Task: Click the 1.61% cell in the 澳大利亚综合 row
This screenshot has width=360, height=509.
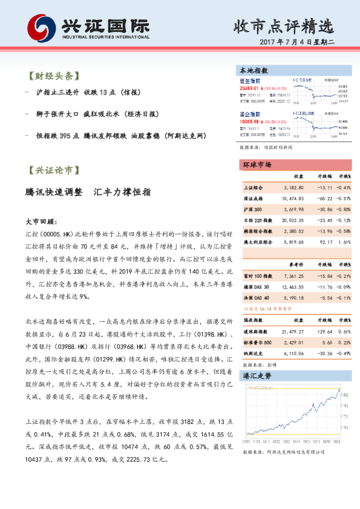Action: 343,242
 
